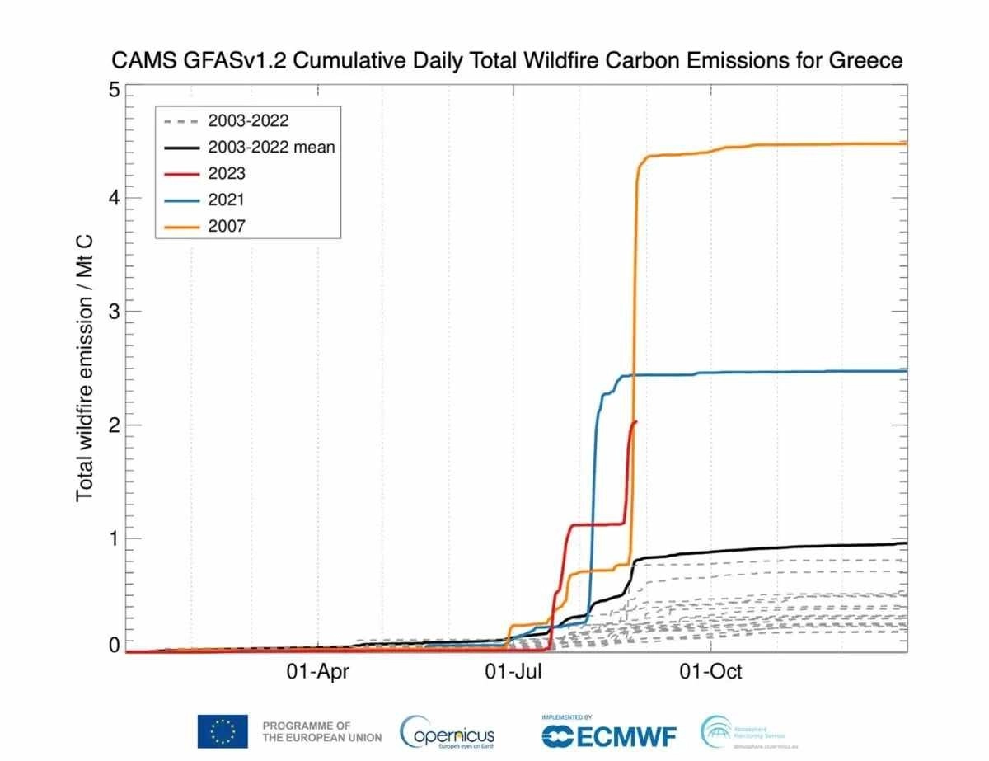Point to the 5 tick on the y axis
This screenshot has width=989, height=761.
click(115, 90)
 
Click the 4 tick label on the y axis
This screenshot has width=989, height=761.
click(115, 199)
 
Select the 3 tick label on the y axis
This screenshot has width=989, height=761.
click(115, 312)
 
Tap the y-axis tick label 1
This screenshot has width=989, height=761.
click(115, 538)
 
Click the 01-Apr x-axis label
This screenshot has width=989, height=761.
click(318, 672)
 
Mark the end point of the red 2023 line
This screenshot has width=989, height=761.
click(635, 421)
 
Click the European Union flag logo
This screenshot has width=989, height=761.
click(222, 730)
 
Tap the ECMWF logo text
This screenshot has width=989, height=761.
click(612, 734)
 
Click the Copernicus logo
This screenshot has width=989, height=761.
click(448, 730)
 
